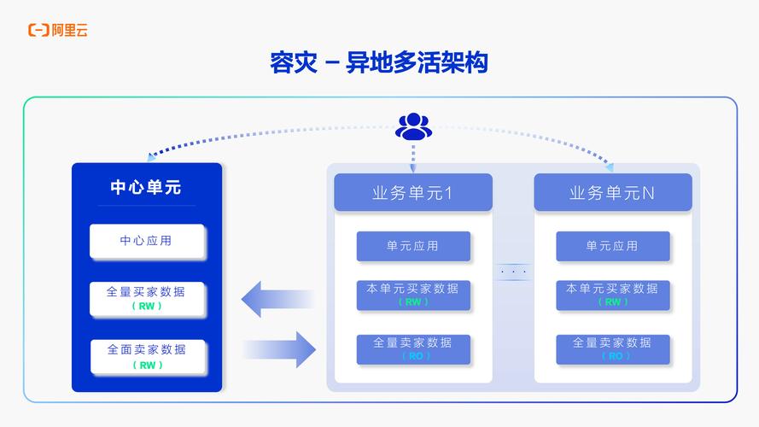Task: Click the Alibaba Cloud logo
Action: click(x=58, y=31)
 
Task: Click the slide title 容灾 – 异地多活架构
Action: click(x=379, y=63)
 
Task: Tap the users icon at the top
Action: click(x=413, y=127)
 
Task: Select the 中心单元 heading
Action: click(x=146, y=188)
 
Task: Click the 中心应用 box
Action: click(x=147, y=241)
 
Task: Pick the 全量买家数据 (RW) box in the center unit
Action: click(x=147, y=298)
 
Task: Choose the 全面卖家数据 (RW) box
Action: click(x=147, y=356)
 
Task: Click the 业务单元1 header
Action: click(x=413, y=193)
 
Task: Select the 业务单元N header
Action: click(x=612, y=193)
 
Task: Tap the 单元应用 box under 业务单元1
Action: click(x=413, y=246)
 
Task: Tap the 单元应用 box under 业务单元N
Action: click(x=612, y=246)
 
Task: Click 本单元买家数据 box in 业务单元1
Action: click(x=413, y=295)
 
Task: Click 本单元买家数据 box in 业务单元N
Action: click(x=612, y=295)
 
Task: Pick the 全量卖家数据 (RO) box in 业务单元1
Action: click(x=413, y=348)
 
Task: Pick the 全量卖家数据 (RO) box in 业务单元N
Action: click(x=612, y=348)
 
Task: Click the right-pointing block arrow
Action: click(x=281, y=349)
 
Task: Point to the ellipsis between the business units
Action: click(x=513, y=272)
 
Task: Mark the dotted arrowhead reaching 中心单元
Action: click(x=151, y=157)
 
